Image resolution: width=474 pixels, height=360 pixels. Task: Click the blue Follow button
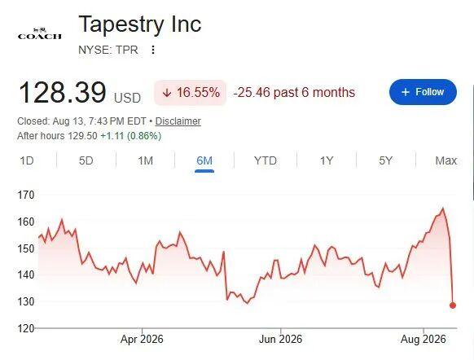423,92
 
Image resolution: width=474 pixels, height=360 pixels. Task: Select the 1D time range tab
27,160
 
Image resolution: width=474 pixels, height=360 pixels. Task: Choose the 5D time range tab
86,160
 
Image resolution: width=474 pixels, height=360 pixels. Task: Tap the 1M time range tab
146,160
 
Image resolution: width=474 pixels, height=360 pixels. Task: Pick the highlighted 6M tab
204,160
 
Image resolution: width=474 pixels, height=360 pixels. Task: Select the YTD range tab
266,160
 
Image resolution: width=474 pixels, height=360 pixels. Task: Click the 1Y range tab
327,160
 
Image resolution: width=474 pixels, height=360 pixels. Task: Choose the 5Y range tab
386,160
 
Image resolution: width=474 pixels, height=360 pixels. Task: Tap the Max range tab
445,160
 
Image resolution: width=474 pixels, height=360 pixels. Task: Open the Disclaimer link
178,121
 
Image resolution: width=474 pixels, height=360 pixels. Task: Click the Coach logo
40,33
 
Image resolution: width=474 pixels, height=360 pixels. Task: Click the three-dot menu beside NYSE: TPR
153,50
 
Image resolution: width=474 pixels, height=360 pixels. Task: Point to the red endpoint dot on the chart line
453,305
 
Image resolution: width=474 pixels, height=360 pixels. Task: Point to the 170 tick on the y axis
26,195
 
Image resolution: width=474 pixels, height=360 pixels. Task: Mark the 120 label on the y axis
26,328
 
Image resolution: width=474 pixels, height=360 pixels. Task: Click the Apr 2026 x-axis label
142,339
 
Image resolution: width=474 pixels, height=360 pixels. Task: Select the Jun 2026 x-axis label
280,339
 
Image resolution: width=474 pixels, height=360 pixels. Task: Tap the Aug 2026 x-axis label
424,339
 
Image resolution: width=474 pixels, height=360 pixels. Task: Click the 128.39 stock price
63,92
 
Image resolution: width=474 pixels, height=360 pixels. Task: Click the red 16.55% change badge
190,93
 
